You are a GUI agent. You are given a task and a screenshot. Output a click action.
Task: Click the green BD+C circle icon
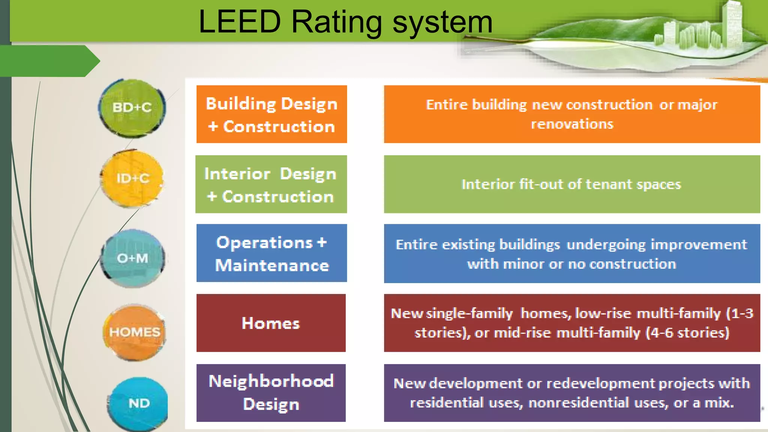click(x=132, y=108)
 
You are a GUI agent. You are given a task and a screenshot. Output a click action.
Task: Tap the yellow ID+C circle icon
click(x=132, y=178)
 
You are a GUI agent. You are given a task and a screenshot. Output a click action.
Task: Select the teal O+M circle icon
click(x=133, y=258)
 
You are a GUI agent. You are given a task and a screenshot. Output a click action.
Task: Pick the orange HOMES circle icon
click(x=135, y=332)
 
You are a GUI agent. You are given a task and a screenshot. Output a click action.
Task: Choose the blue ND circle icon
click(x=138, y=403)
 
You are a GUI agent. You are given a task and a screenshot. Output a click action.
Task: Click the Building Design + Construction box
click(x=271, y=114)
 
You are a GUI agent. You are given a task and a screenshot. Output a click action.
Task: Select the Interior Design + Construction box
click(x=271, y=184)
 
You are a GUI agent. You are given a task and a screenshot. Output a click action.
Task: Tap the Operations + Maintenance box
click(x=271, y=253)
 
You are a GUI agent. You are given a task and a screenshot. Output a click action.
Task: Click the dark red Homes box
click(x=271, y=323)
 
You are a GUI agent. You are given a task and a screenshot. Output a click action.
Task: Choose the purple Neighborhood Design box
click(x=271, y=393)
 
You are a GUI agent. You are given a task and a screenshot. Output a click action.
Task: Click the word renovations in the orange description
click(x=572, y=124)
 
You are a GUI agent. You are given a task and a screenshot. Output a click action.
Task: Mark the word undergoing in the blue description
click(x=606, y=245)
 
